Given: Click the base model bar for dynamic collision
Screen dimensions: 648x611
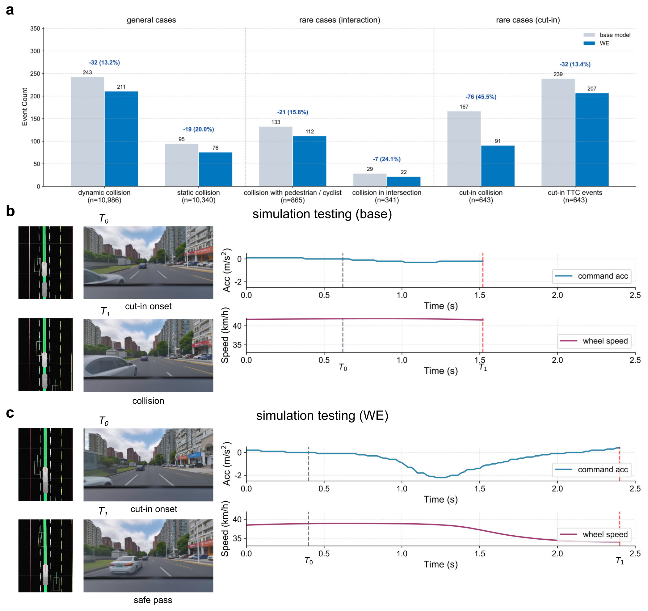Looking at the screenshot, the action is [x=87, y=132].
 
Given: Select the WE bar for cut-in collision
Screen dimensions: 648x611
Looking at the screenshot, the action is [x=498, y=166].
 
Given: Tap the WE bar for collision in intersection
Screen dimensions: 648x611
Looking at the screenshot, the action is [x=404, y=182].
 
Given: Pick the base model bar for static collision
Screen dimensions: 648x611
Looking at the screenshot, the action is [x=182, y=165].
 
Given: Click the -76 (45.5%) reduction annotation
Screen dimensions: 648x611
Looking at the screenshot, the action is [x=481, y=97].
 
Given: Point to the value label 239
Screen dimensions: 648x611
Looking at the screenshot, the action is [x=558, y=74].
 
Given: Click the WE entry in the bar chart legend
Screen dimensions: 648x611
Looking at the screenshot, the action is [x=596, y=43].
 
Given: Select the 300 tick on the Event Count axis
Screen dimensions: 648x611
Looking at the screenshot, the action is [x=35, y=51].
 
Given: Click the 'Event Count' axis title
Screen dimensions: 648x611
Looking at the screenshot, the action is [x=24, y=107].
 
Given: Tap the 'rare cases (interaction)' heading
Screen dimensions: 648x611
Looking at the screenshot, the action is [x=340, y=20].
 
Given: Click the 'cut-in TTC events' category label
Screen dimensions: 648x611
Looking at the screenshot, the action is [x=575, y=193].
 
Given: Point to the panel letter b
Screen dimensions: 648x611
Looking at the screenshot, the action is [x=11, y=211].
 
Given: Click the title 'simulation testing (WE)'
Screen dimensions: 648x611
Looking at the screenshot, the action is [x=322, y=416].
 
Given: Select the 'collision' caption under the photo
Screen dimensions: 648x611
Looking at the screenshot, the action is [x=148, y=401].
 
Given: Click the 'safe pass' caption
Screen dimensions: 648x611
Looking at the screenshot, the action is [x=153, y=600].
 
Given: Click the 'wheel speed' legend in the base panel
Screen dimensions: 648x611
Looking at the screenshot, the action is [x=594, y=341].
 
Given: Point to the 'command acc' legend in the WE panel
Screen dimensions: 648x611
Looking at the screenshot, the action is [x=591, y=470].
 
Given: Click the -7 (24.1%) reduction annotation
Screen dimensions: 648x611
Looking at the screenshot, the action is [x=387, y=159].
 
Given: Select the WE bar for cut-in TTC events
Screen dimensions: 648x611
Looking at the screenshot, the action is [x=592, y=140].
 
